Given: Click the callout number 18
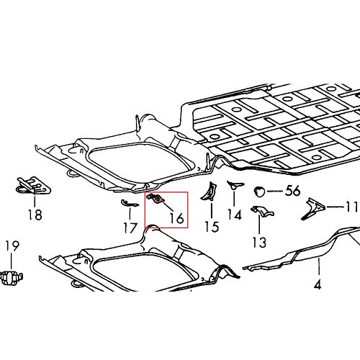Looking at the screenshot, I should (x=35, y=215).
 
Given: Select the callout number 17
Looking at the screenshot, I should (x=130, y=229).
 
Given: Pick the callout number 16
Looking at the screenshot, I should (x=175, y=217).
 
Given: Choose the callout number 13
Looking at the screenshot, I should (x=259, y=241).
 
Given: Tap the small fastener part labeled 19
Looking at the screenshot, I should (x=12, y=276).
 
